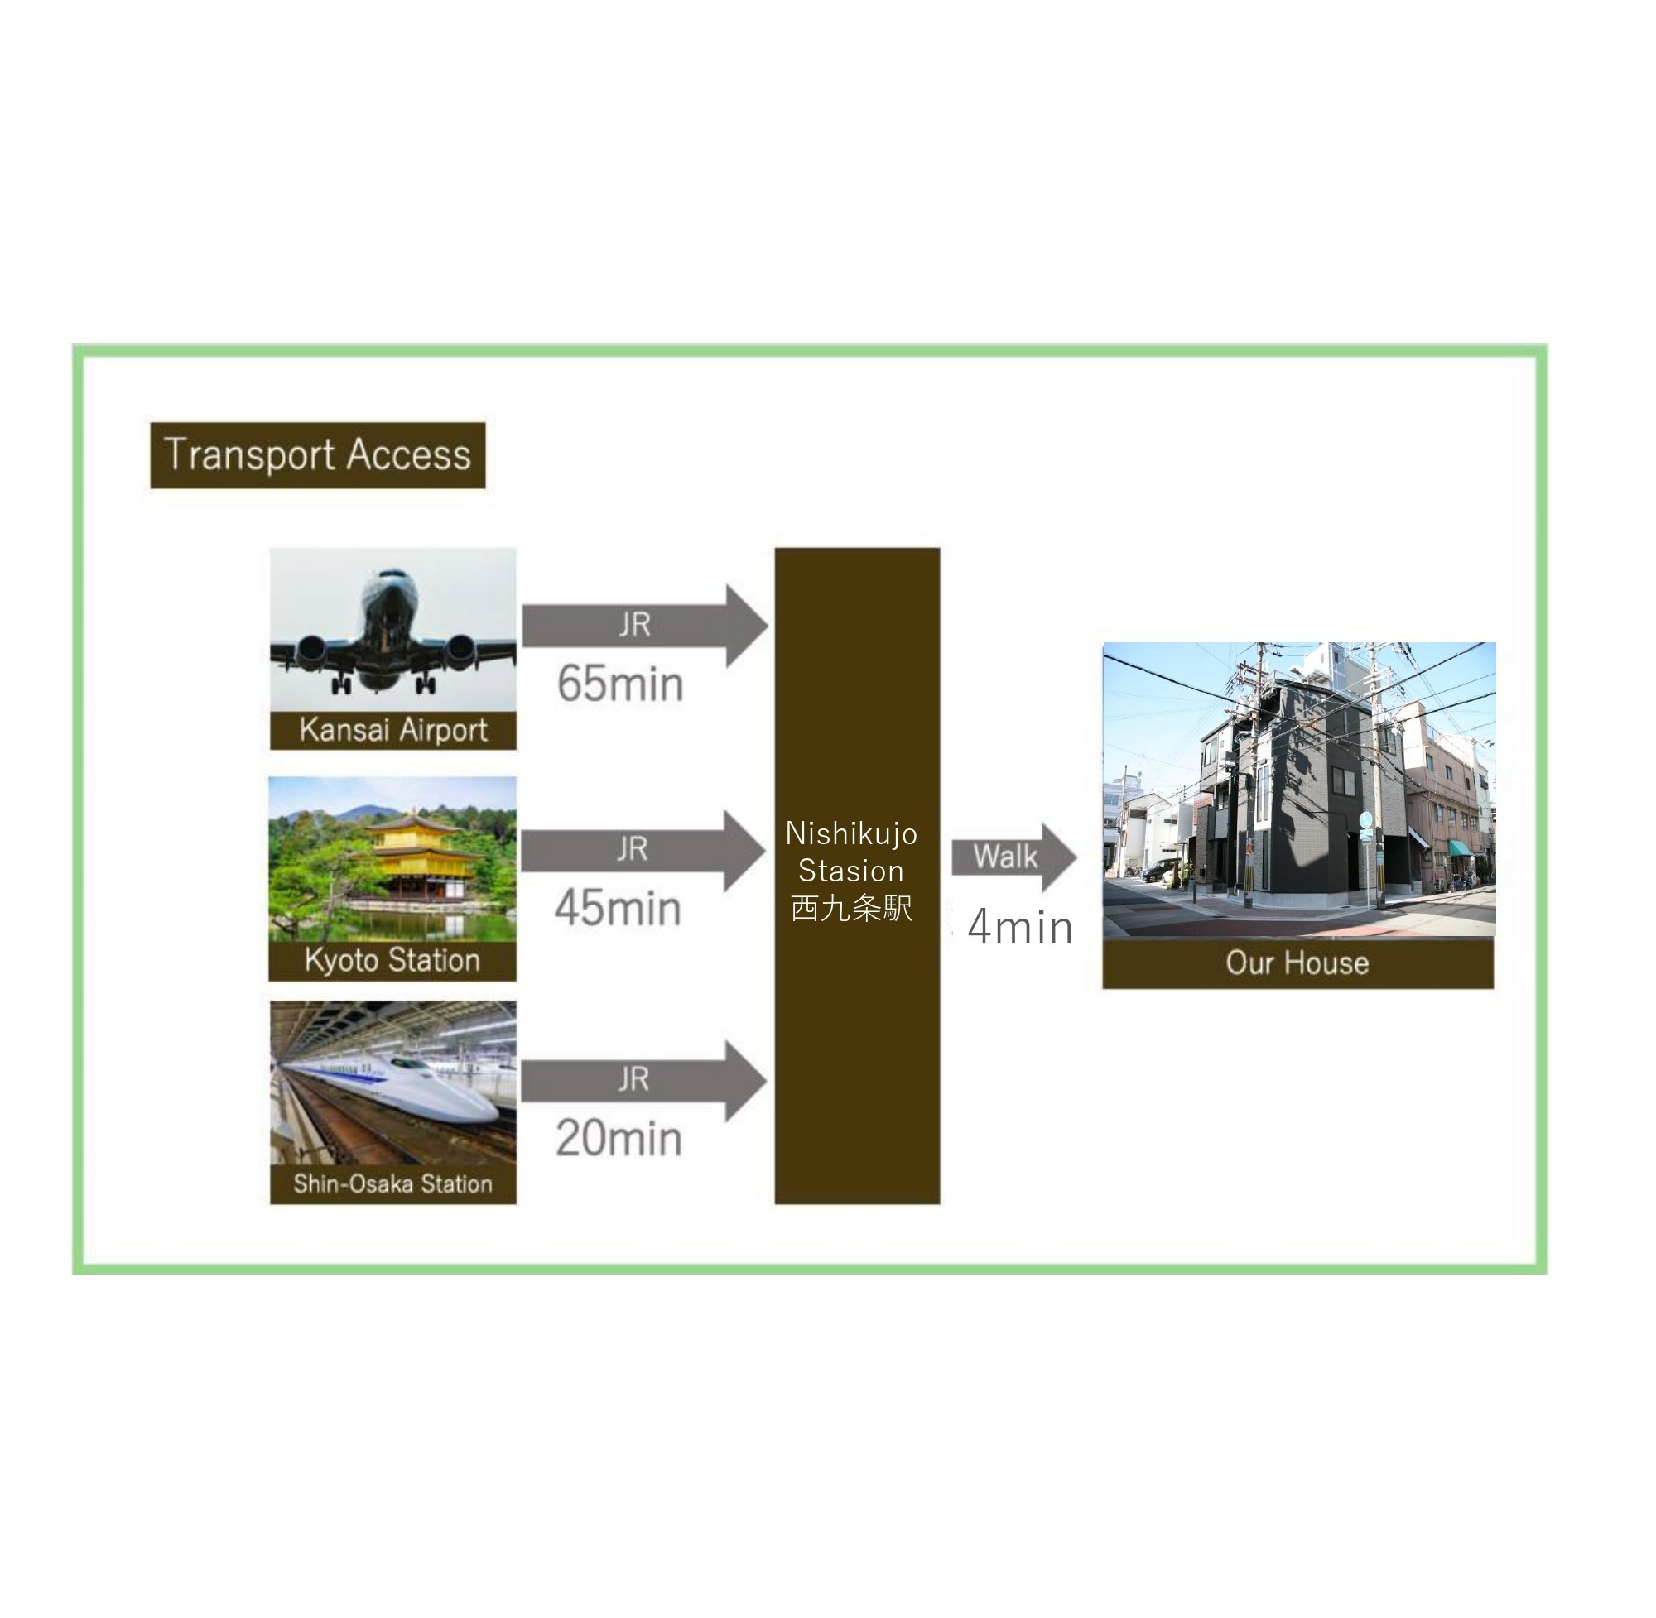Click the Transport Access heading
[x=317, y=454]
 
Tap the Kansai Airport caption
[x=392, y=730]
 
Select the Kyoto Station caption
[x=392, y=960]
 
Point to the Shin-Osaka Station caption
[x=392, y=1183]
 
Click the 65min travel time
[x=619, y=684]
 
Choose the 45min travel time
[x=618, y=909]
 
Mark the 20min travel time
[x=619, y=1138]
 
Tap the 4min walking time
[x=1019, y=927]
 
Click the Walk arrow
[x=1012, y=857]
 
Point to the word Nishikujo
[x=851, y=833]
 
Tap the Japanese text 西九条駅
[x=851, y=909]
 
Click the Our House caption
[x=1297, y=963]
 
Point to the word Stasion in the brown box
[x=851, y=871]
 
